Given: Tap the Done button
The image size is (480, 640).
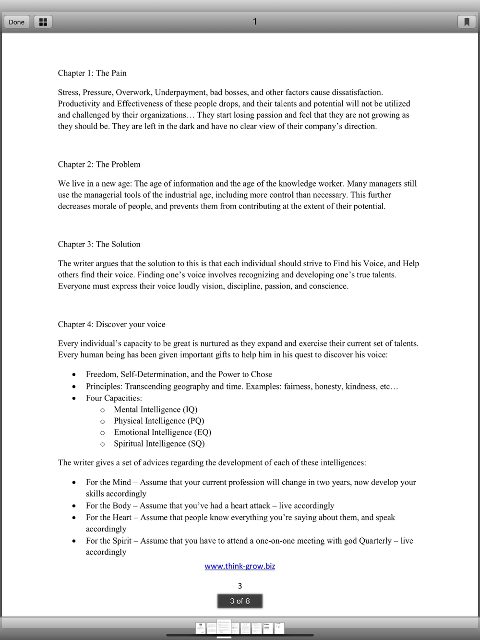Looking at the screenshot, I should (16, 22).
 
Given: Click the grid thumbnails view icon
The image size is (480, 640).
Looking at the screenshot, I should (43, 22).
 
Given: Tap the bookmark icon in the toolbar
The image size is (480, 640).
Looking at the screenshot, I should (467, 22).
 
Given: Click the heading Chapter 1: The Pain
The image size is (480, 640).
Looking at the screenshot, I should (92, 73).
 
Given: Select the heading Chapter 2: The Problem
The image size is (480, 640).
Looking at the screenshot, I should (99, 164).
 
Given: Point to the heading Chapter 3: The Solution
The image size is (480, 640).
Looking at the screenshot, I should (99, 244).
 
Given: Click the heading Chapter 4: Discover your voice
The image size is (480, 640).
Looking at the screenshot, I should (111, 324).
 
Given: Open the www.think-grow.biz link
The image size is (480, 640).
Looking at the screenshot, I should (240, 566).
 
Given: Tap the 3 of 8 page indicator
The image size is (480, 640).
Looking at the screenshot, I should (240, 601).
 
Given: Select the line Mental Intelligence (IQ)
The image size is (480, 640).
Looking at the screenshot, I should (156, 409).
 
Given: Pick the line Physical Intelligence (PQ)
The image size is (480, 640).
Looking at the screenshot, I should (159, 421).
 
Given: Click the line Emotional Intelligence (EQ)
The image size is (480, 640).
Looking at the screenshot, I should (162, 432).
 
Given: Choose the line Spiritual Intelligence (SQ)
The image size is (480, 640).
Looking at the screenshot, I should (159, 444).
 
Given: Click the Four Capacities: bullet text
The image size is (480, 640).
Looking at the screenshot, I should (114, 398).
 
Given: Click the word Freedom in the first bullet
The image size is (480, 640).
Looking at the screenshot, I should (101, 374).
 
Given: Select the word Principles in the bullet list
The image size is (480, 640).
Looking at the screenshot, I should (104, 386).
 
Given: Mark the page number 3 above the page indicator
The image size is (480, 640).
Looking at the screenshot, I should (240, 586).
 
